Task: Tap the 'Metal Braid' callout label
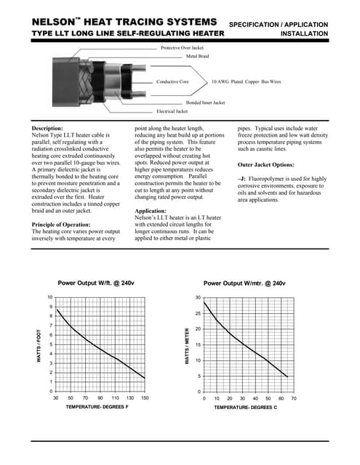pyautogui.click(x=197, y=56)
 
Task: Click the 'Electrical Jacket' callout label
pyautogui.click(x=172, y=112)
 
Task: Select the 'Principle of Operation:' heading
pyautogui.click(x=65, y=225)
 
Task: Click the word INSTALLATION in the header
pyautogui.click(x=304, y=34)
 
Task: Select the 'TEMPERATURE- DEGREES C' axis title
pyautogui.click(x=244, y=408)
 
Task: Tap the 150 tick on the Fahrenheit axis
pyautogui.click(x=145, y=399)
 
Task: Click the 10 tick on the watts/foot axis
pyautogui.click(x=49, y=297)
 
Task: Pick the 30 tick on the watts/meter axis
pyautogui.click(x=197, y=297)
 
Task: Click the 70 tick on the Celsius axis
pyautogui.click(x=293, y=399)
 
